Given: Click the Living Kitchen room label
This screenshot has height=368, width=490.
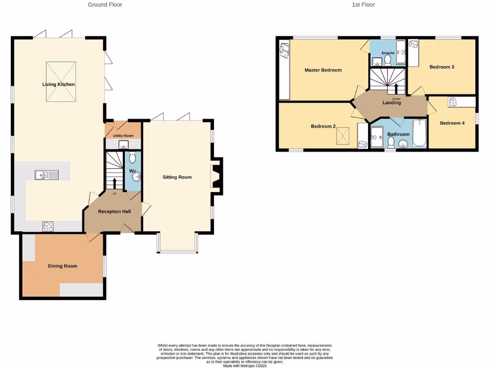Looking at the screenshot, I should pyautogui.click(x=59, y=84).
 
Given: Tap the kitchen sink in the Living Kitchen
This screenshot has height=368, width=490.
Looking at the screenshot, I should pyautogui.click(x=46, y=175).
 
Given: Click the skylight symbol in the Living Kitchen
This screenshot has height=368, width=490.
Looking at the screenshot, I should pyautogui.click(x=60, y=81).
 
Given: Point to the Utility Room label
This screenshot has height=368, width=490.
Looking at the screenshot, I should pyautogui.click(x=123, y=136).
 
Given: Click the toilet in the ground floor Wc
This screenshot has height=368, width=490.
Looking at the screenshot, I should pyautogui.click(x=133, y=158).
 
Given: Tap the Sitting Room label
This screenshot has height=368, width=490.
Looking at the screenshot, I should pyautogui.click(x=177, y=177).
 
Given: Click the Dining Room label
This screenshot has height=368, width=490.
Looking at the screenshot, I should pyautogui.click(x=62, y=266).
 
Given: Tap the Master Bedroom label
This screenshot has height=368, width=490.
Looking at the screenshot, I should pyautogui.click(x=323, y=70).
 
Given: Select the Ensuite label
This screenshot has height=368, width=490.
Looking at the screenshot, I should pyautogui.click(x=388, y=53).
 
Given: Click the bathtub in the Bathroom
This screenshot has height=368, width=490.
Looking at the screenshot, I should pyautogui.click(x=419, y=134).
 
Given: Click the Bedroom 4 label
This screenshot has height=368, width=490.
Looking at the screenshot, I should pyautogui.click(x=452, y=123).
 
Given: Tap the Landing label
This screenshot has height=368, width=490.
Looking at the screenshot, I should pyautogui.click(x=391, y=103).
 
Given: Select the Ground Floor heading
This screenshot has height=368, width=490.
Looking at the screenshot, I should pyautogui.click(x=105, y=5).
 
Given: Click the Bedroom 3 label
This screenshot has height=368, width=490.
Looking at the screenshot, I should pyautogui.click(x=441, y=67).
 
